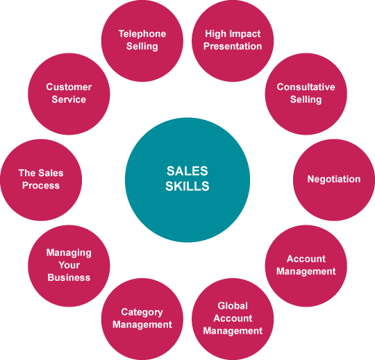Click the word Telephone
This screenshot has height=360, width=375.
pos(142,34)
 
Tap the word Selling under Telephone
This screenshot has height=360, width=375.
pos(142,46)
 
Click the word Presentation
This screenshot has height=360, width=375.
pos(233,46)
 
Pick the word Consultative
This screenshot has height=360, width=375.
pos(306,87)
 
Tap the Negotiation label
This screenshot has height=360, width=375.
pos(334,179)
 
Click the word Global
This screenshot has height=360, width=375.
pos(233,306)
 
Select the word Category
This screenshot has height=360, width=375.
pos(142,312)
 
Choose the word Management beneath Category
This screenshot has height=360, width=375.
pos(142,325)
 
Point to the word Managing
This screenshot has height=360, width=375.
pos(69,252)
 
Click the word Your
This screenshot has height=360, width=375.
pos(69,265)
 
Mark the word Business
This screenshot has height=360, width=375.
pos(69,277)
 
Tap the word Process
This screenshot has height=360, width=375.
pos(41,185)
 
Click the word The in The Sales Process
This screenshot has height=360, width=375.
pos(27,173)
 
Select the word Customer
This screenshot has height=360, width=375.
pos(69,87)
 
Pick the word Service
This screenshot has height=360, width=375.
pos(69,99)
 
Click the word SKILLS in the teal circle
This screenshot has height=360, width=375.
pos(187,186)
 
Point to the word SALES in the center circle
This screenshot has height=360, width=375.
pos(187,171)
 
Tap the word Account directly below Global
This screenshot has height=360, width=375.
pos(233,318)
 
